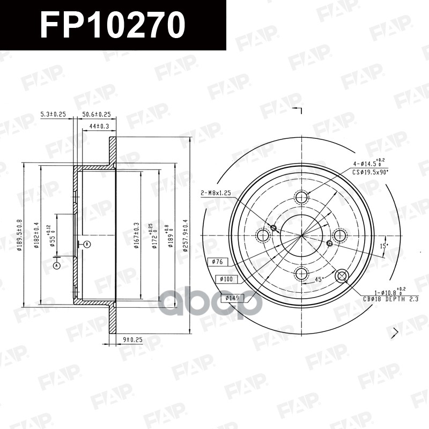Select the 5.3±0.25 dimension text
click(53, 114)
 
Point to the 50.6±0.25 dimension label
click(97, 114)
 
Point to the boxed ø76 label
click(218, 262)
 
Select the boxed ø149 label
click(232, 298)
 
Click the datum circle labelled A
click(57, 265)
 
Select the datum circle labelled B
click(87, 245)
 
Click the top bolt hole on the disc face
click(302, 197)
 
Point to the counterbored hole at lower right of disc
click(342, 276)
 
